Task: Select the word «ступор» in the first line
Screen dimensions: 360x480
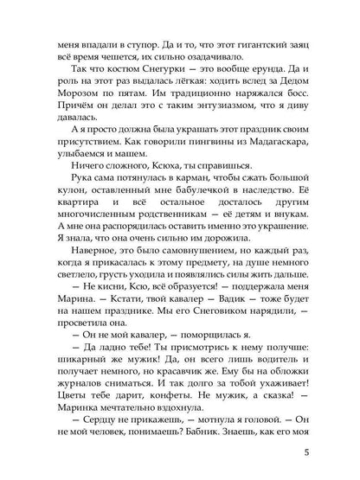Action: (126, 40)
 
